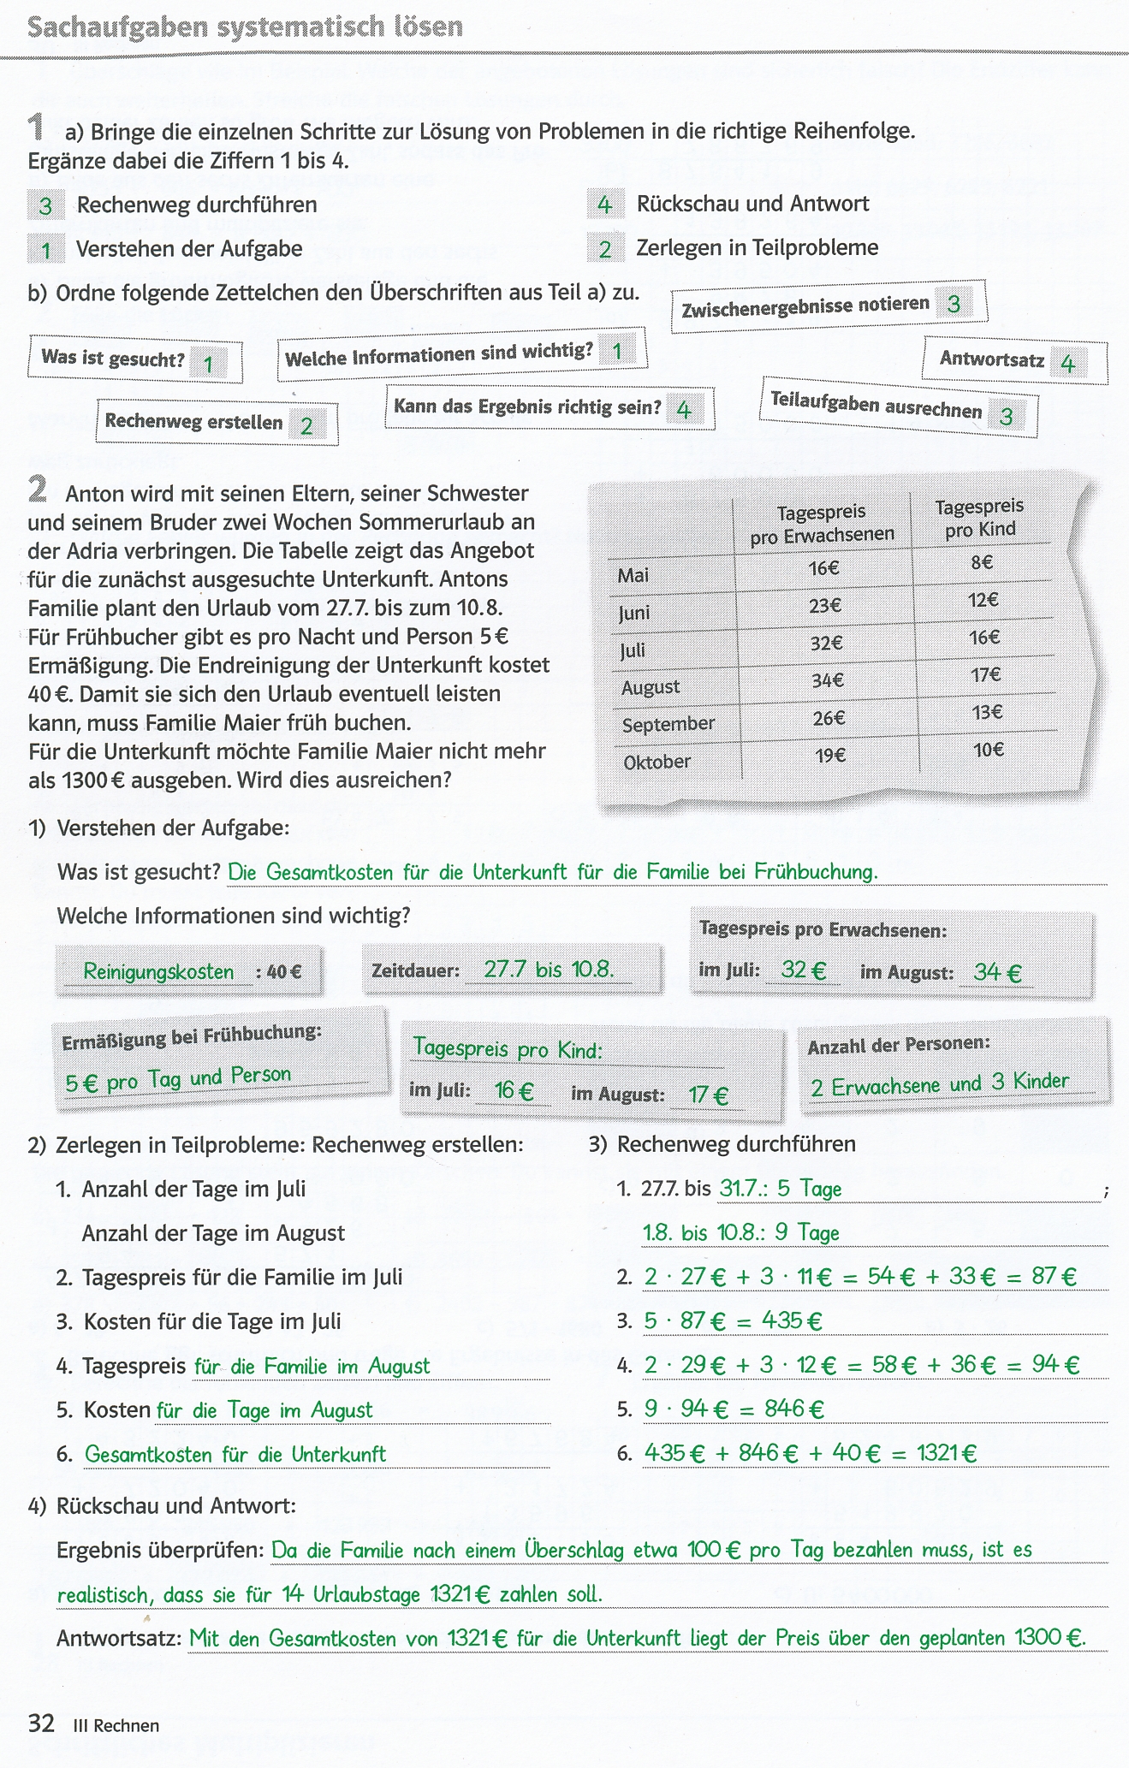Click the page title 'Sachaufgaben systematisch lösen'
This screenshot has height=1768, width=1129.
[x=245, y=27]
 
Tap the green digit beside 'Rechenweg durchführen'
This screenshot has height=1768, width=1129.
[x=46, y=205]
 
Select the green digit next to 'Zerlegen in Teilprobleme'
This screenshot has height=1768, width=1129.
[x=605, y=249]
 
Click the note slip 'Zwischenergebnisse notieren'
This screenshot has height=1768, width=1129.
[x=829, y=306]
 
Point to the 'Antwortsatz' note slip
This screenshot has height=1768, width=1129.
[x=1014, y=360]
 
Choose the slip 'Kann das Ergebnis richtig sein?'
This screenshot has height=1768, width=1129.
[x=549, y=408]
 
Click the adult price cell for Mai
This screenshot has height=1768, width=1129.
[x=824, y=568]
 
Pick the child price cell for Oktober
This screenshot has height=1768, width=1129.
[x=989, y=751]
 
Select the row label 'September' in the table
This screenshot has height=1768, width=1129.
[x=668, y=725]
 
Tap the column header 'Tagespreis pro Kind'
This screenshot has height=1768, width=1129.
[x=980, y=518]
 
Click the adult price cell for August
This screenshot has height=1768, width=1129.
[x=828, y=680]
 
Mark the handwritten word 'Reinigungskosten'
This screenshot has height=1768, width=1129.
[x=158, y=972]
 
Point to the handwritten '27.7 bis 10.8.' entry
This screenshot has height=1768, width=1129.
[x=549, y=970]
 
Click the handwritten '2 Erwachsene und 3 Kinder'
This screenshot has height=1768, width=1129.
[x=940, y=1084]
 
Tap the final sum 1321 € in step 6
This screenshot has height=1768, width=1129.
[x=947, y=1452]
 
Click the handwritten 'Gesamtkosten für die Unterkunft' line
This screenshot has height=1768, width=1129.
[x=235, y=1454]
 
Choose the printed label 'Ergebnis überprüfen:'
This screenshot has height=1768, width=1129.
[x=160, y=1550]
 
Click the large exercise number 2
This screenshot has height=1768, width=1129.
[x=38, y=490]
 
